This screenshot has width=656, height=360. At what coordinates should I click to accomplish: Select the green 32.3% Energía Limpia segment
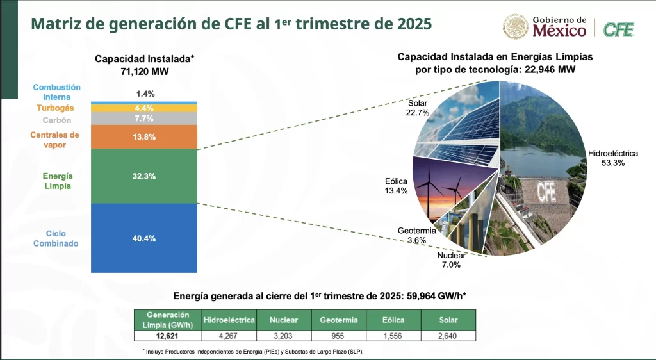point(145,176)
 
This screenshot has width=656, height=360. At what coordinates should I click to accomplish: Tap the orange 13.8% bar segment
point(145,137)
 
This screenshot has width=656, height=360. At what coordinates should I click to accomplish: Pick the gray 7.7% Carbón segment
point(145,119)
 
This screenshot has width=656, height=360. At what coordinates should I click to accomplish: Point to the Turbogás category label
point(55,108)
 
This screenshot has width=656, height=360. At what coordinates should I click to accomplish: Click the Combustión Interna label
point(56,92)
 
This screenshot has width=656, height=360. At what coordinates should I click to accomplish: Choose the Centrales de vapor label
point(55,140)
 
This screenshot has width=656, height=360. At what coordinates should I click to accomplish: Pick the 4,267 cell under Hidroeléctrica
point(229,335)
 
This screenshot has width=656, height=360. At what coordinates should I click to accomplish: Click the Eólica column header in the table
point(393,319)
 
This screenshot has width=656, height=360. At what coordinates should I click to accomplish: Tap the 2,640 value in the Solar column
point(448,335)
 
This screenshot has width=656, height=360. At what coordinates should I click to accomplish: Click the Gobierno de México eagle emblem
point(516,26)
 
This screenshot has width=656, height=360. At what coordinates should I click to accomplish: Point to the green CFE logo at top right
point(619,29)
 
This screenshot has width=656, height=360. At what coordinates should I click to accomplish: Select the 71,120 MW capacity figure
point(145,71)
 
